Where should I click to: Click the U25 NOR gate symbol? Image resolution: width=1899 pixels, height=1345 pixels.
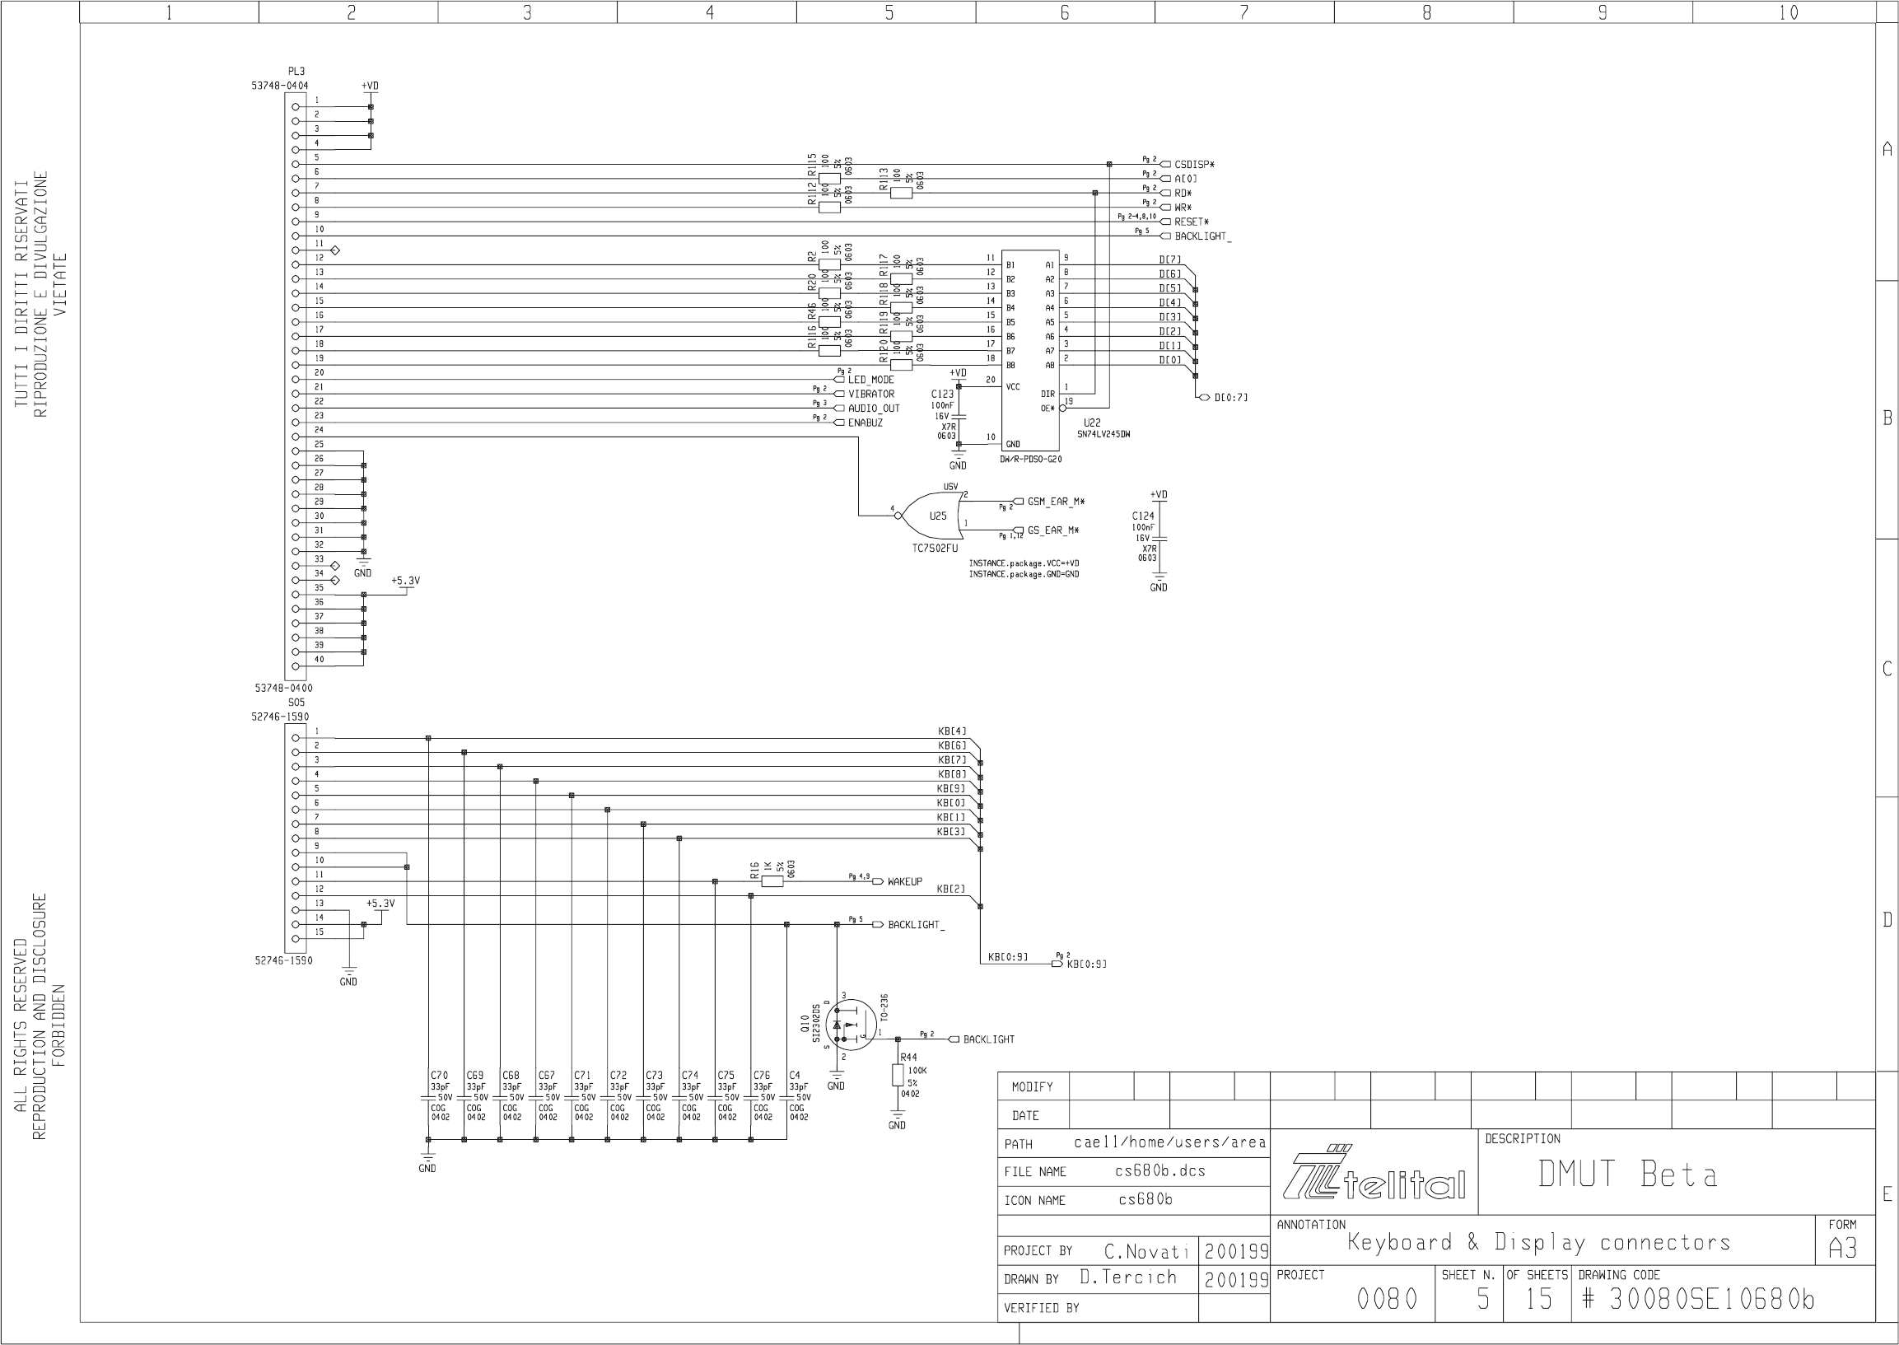pyautogui.click(x=932, y=515)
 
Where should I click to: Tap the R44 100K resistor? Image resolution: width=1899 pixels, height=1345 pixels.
pyautogui.click(x=898, y=1075)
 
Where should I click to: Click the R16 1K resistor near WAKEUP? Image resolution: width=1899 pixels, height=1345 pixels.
pyautogui.click(x=771, y=881)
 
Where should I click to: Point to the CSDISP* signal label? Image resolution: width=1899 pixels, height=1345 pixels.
pyautogui.click(x=1194, y=165)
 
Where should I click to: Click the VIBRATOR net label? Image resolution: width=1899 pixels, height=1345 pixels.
pyautogui.click(x=870, y=395)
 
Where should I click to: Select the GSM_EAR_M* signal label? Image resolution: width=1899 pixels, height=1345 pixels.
pyautogui.click(x=1056, y=502)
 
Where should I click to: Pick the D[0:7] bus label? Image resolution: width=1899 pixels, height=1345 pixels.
pyautogui.click(x=1230, y=398)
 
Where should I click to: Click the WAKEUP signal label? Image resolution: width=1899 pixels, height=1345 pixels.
pyautogui.click(x=904, y=882)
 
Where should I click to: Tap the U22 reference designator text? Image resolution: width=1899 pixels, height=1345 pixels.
pyautogui.click(x=1092, y=423)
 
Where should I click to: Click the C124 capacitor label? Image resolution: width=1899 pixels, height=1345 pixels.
pyautogui.click(x=1143, y=516)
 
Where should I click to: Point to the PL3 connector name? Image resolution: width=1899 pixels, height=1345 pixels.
pyautogui.click(x=296, y=72)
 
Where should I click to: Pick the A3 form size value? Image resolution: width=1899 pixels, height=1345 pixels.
pyautogui.click(x=1842, y=1248)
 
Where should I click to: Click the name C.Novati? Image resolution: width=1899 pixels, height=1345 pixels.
pyautogui.click(x=1146, y=1250)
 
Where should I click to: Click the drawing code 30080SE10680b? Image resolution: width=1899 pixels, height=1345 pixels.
pyautogui.click(x=1711, y=1300)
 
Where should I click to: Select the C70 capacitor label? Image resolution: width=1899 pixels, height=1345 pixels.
pyautogui.click(x=439, y=1076)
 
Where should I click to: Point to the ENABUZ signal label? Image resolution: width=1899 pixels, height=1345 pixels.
pyautogui.click(x=866, y=423)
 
